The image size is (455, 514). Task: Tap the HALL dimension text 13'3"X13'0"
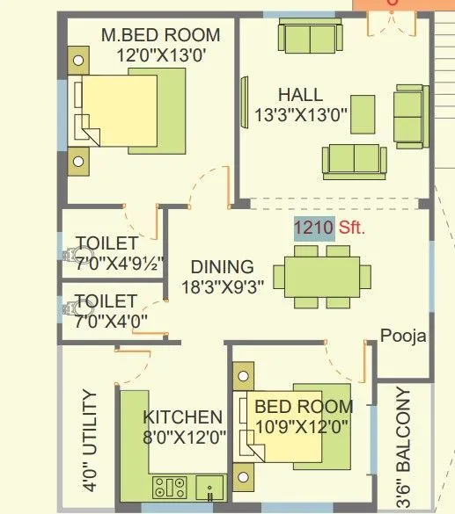(x=301, y=113)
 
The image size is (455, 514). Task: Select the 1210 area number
(x=313, y=228)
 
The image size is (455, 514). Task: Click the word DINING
(x=223, y=266)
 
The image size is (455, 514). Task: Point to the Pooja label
(x=403, y=336)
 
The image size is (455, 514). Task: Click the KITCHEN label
(x=183, y=416)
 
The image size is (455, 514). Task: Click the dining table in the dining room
(x=321, y=277)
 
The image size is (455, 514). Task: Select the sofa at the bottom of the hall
(x=354, y=160)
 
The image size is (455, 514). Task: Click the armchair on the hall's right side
(x=408, y=115)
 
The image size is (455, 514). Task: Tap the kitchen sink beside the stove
(x=209, y=486)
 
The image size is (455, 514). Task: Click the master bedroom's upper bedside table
(x=78, y=62)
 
